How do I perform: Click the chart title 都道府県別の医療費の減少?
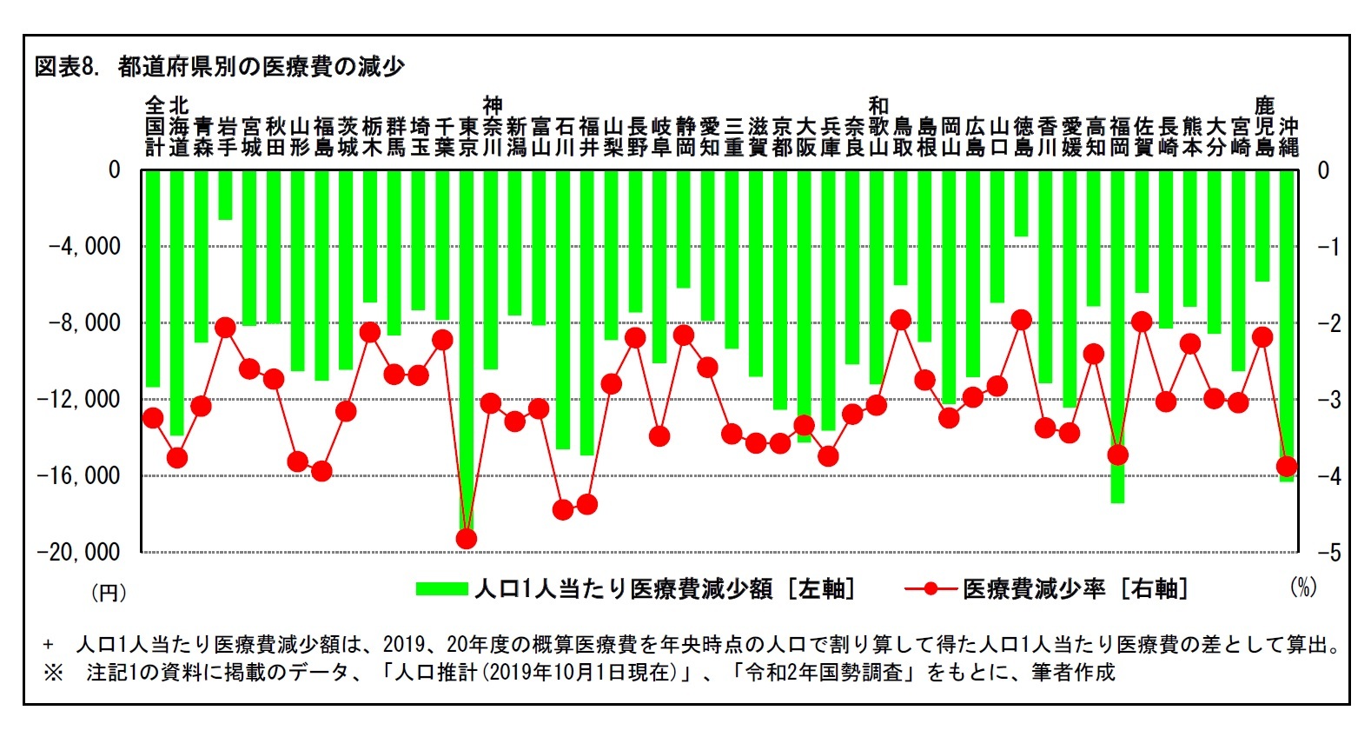[x=261, y=66]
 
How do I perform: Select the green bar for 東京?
[x=467, y=348]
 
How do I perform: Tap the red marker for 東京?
[x=467, y=539]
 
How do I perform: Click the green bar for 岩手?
[x=226, y=196]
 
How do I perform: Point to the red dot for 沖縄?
[x=1287, y=467]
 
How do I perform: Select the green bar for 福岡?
[x=1117, y=339]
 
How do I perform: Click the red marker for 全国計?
[x=153, y=418]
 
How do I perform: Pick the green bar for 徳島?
[x=1022, y=204]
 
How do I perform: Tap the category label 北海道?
[x=178, y=127]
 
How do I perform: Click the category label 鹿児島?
[x=1264, y=127]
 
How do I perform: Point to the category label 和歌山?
[x=878, y=127]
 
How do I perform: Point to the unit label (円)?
[x=109, y=593]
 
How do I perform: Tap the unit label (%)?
[x=1303, y=588]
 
